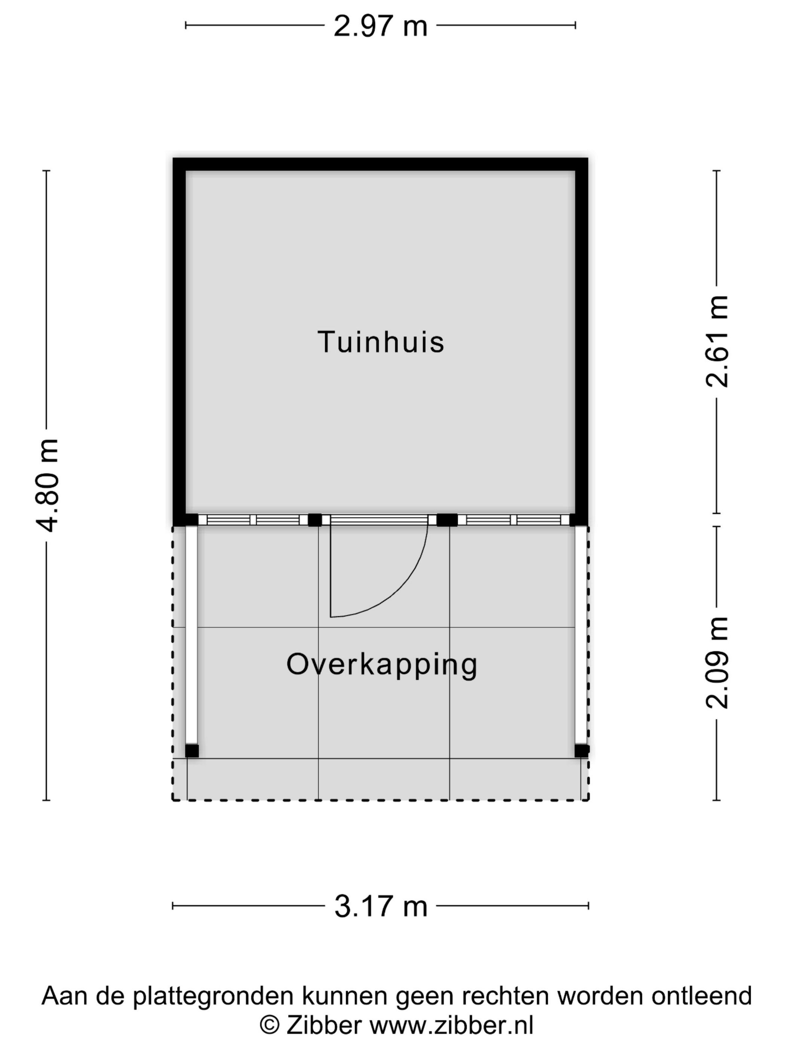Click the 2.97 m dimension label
pyautogui.click(x=380, y=26)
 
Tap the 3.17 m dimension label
pyautogui.click(x=380, y=907)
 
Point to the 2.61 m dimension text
pyautogui.click(x=716, y=342)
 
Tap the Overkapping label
pyautogui.click(x=381, y=664)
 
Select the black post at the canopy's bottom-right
pyautogui.click(x=581, y=751)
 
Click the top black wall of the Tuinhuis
pyautogui.click(x=380, y=164)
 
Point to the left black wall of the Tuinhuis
pyautogui.click(x=179, y=341)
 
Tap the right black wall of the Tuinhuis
pyautogui.click(x=582, y=341)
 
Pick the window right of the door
pyautogui.click(x=514, y=520)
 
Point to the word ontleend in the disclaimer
pyautogui.click(x=701, y=995)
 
